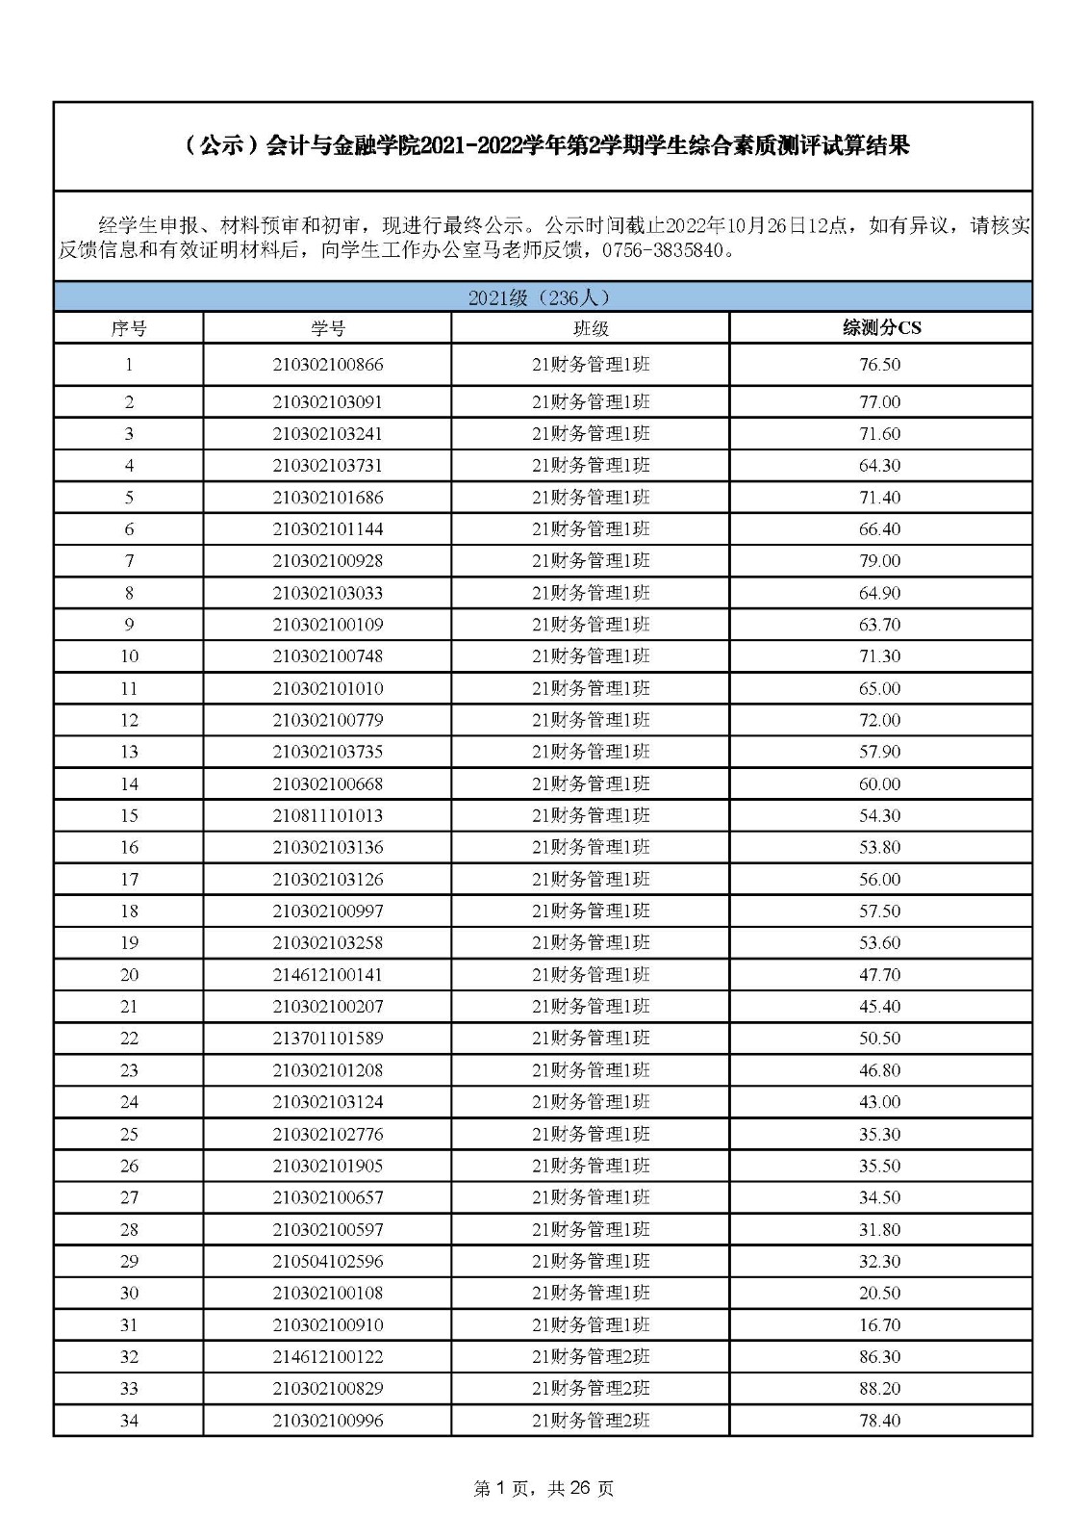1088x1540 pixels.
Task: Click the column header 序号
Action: pos(129,328)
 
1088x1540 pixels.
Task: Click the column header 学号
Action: pos(327,328)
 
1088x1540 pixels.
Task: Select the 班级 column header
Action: pos(591,328)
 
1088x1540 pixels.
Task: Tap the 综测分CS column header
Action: pos(880,328)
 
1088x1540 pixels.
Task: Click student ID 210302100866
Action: pos(327,365)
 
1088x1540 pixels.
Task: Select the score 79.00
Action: pos(880,560)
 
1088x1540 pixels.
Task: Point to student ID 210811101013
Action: pos(327,815)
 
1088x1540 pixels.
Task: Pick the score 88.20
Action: pos(880,1388)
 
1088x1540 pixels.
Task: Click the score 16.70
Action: pos(880,1324)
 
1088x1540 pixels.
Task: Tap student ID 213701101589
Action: pos(327,1038)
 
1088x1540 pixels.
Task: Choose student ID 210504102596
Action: pos(327,1261)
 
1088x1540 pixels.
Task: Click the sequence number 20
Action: pos(129,974)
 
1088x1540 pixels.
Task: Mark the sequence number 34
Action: pos(129,1420)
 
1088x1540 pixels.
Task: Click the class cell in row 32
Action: pos(591,1356)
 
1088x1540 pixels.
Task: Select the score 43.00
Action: pos(880,1101)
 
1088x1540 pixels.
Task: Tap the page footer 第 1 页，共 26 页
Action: pos(544,1488)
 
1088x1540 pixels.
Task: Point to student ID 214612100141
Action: pos(327,974)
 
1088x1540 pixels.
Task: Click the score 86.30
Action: pos(880,1356)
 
